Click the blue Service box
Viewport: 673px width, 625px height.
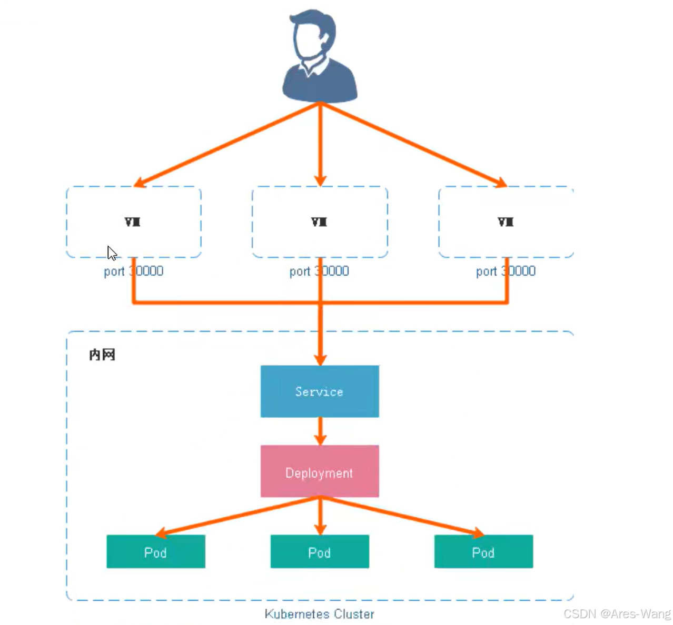320,391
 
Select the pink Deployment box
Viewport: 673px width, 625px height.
320,471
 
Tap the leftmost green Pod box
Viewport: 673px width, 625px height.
156,552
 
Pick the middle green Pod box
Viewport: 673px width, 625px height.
320,552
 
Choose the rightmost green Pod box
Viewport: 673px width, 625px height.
483,552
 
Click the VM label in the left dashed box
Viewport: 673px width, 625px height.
132,222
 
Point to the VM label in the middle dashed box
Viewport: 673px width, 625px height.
319,222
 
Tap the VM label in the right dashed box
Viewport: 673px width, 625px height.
506,222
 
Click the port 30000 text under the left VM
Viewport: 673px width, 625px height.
133,271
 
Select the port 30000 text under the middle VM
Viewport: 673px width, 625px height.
319,271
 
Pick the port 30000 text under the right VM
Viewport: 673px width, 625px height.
506,271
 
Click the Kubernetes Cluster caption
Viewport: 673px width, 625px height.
319,614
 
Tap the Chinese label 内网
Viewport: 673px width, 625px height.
102,355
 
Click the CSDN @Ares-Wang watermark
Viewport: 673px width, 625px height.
617,614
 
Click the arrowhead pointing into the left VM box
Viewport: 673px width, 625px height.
140,182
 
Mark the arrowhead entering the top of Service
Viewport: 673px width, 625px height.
320,360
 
